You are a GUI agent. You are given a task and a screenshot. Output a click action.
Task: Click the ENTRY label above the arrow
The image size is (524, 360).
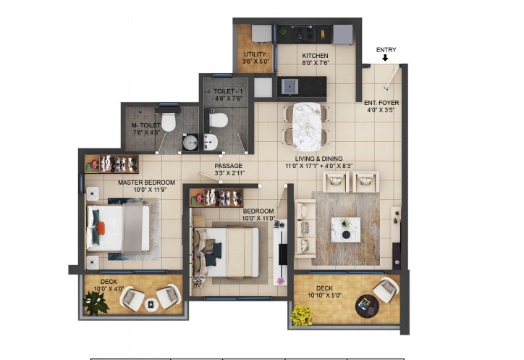386,50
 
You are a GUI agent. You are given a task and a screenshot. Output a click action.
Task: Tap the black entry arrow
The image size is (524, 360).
386,59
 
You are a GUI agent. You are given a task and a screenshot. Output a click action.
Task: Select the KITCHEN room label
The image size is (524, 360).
315,56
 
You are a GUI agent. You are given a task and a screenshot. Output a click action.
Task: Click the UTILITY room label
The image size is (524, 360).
255,54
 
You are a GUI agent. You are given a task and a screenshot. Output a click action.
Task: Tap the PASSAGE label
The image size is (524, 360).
229,166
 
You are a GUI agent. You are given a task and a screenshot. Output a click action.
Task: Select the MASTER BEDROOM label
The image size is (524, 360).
147,182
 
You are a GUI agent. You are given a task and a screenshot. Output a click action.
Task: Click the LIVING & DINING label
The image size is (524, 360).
318,159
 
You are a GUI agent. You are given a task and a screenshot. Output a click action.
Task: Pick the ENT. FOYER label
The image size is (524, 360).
381,103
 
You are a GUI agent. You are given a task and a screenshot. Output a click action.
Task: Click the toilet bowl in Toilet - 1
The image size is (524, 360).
218,119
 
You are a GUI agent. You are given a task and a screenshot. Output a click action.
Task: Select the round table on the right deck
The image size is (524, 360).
367,306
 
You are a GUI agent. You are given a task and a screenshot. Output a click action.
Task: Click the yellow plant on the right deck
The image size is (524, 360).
302,316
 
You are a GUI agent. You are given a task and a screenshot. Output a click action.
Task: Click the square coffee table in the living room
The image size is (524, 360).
345,228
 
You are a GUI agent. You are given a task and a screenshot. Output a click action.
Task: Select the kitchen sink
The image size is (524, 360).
290,86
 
